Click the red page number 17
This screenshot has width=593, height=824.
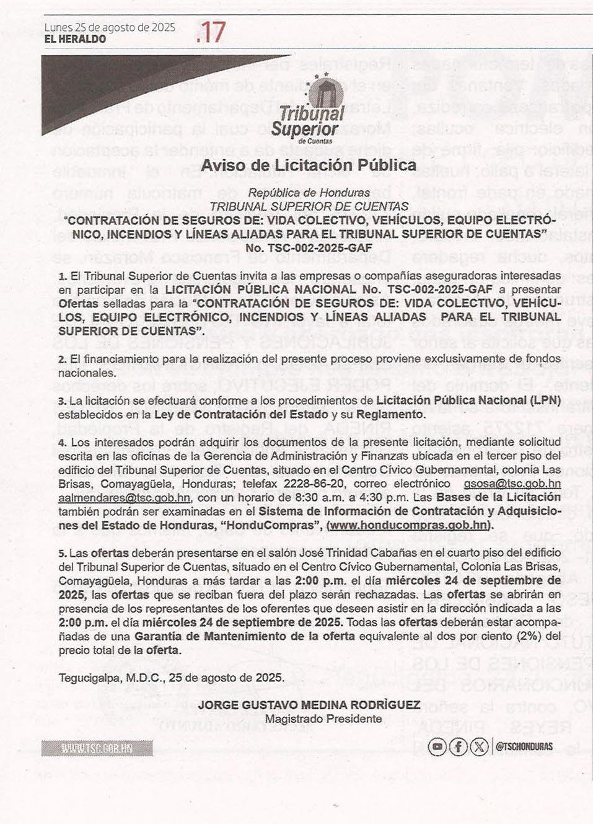pyautogui.click(x=211, y=32)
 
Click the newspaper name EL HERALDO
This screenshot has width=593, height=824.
pyautogui.click(x=75, y=39)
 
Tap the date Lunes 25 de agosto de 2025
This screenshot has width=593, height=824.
pyautogui.click(x=110, y=27)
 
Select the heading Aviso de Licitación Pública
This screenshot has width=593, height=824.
pyautogui.click(x=309, y=166)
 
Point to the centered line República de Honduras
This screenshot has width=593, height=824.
pyautogui.click(x=309, y=193)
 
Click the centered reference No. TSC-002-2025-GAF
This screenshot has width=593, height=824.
pyautogui.click(x=309, y=248)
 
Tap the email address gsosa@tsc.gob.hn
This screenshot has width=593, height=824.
pyautogui.click(x=512, y=484)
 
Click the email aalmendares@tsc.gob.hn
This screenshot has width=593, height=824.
pyautogui.click(x=124, y=498)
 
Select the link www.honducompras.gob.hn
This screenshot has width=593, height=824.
pyautogui.click(x=409, y=525)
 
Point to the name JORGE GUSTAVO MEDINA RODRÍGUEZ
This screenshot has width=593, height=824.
pyautogui.click(x=309, y=706)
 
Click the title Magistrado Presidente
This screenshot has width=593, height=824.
pyautogui.click(x=323, y=719)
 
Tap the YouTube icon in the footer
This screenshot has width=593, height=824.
pyautogui.click(x=437, y=746)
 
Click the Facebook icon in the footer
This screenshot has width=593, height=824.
pyautogui.click(x=458, y=746)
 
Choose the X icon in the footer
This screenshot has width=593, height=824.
pyautogui.click(x=478, y=746)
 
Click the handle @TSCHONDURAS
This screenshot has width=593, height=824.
pyautogui.click(x=524, y=746)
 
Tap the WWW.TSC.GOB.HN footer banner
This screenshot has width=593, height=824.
pyautogui.click(x=97, y=748)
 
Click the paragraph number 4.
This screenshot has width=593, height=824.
pyautogui.click(x=62, y=443)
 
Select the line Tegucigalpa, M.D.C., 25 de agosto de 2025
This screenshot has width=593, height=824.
pyautogui.click(x=172, y=678)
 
